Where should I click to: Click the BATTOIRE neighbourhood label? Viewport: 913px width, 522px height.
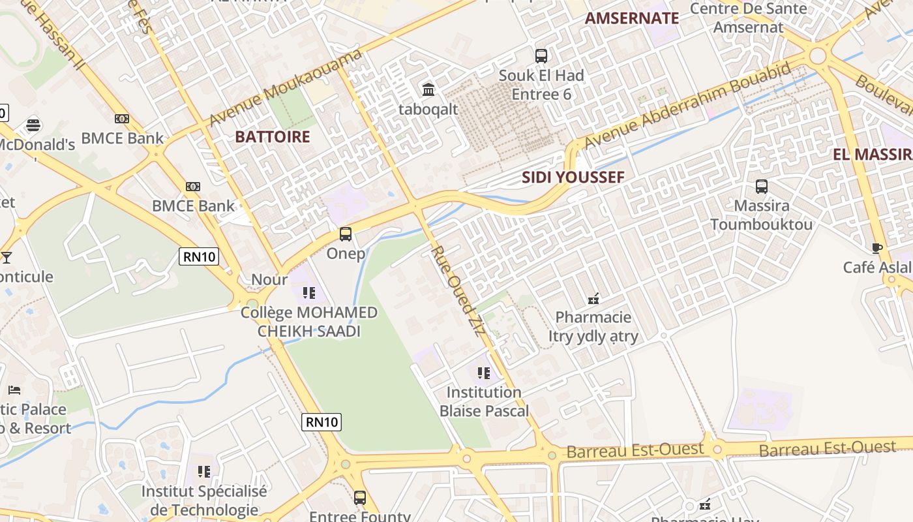coord(272,137)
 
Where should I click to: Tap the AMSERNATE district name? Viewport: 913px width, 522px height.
coord(631,18)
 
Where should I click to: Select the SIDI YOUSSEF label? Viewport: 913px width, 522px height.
coord(573,177)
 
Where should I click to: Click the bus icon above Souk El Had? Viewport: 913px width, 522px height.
coord(541,55)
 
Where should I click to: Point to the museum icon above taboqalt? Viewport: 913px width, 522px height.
coord(428,89)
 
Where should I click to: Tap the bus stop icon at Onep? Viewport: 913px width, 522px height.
coord(346,234)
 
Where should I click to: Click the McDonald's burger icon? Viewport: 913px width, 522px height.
coord(33,125)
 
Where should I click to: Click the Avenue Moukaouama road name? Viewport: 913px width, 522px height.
coord(286,89)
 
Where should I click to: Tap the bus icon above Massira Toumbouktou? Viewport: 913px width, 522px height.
coord(761,187)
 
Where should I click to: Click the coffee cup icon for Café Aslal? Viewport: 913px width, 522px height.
coord(877,248)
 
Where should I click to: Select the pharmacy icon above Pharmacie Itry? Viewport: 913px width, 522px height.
coord(593,299)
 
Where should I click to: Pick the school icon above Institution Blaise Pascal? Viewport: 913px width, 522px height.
coord(483,373)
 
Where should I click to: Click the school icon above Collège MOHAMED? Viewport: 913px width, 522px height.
coord(309,293)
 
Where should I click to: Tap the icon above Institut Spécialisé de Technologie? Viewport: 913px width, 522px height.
coord(204,471)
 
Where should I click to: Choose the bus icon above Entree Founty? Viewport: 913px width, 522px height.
coord(359,498)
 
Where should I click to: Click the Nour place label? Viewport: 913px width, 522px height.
coord(269,280)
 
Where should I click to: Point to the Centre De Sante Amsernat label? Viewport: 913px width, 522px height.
coord(748,18)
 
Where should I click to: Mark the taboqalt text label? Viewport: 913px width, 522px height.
coord(428,109)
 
